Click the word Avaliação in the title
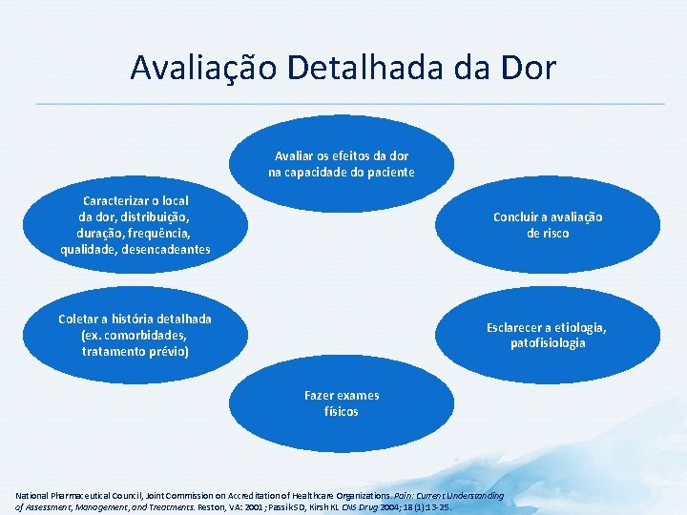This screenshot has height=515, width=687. pos(199,68)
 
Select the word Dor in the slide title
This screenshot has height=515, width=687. pos(525,68)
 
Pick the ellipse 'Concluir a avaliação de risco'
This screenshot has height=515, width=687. pos(548,225)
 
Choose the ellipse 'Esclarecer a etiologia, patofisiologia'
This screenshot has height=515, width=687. pos(548,335)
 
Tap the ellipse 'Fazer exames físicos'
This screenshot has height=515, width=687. pos(342,402)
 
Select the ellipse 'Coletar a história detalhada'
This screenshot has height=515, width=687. pos(135,335)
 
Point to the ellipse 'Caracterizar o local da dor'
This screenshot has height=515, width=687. pos(135,225)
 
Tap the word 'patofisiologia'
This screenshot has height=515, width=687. pos(548,343)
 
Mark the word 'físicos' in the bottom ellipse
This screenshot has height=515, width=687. pos(342,412)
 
